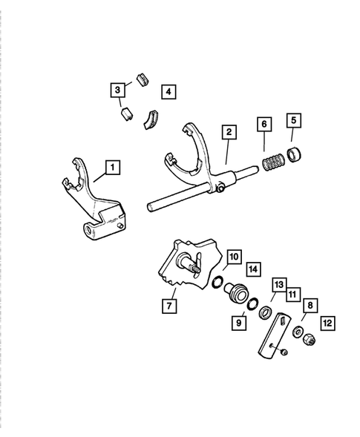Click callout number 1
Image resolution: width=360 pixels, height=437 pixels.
pos(111,168)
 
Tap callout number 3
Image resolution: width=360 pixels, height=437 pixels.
pos(117,91)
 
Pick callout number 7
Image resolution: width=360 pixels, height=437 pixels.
pos(169,305)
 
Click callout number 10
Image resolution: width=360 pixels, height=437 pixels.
pos(233,256)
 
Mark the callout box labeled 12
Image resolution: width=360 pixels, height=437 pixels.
pos(328,323)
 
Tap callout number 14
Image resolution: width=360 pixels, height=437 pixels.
pos(253,268)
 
